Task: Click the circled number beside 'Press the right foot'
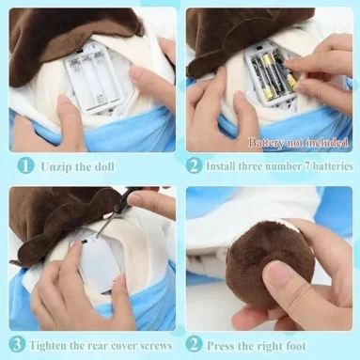[195, 343]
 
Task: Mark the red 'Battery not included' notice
[299, 143]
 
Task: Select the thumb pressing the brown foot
[282, 283]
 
